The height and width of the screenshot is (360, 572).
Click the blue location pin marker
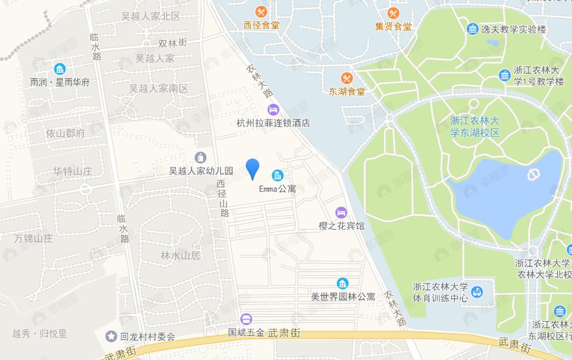coord(252,168)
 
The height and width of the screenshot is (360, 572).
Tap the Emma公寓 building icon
coord(277,175)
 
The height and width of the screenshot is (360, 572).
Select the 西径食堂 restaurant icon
coord(261,12)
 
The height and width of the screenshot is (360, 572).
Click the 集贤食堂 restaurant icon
coord(394,13)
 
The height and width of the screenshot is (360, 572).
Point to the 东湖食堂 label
coord(347,92)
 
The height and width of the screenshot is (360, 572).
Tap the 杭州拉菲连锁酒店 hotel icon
coord(273,110)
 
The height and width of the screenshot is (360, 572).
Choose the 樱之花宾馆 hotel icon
coord(341,213)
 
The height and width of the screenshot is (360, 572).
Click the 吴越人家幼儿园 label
coord(201,171)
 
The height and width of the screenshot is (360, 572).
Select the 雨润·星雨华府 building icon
coord(59,69)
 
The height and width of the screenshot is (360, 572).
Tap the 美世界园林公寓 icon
coord(343,283)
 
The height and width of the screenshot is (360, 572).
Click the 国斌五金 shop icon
coord(246,319)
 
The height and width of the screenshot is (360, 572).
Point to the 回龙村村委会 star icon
coord(111,336)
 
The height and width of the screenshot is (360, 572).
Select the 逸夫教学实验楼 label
coord(514,29)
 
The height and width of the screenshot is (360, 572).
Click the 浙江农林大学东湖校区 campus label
coord(475,126)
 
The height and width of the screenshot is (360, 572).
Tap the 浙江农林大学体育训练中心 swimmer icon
coord(477,292)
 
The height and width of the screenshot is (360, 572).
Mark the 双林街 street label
coord(172,43)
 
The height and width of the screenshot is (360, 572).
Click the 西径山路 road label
coord(223,198)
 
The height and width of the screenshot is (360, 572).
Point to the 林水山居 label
coord(180,256)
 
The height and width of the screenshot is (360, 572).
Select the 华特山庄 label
coord(72,171)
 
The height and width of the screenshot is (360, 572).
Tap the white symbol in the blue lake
coord(533,175)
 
